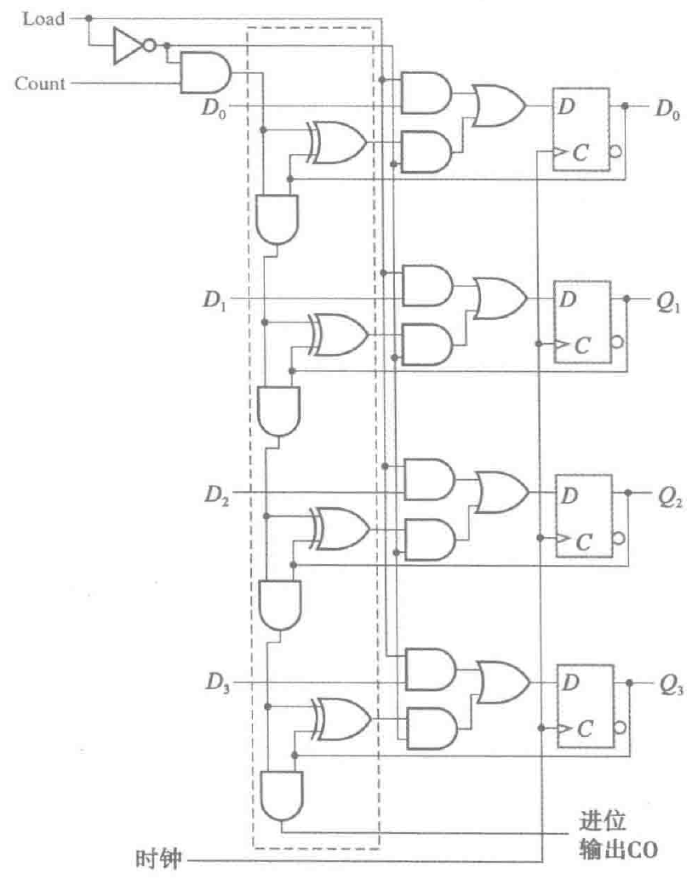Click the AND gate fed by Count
[205, 73]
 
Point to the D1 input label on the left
[213, 300]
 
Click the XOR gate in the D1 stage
[340, 332]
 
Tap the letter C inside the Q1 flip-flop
[582, 345]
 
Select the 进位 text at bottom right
[603, 822]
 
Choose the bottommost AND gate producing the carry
[280, 795]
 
